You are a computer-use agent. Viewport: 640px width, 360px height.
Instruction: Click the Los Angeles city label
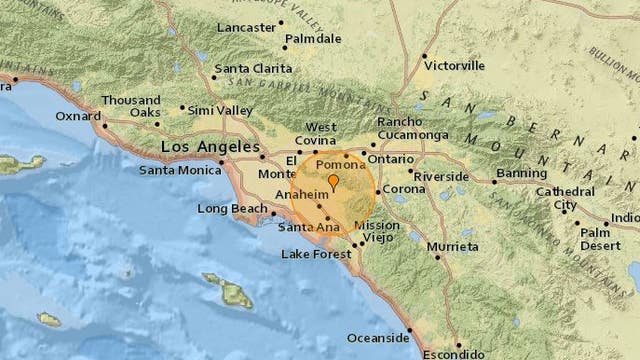pos(204,147)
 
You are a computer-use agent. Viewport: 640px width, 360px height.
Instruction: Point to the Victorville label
pos(456,64)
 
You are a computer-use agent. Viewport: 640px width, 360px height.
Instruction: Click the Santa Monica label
pos(174,170)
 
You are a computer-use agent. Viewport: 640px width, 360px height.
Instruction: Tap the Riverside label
pos(441,176)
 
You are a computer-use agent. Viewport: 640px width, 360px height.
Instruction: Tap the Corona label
pos(405,188)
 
